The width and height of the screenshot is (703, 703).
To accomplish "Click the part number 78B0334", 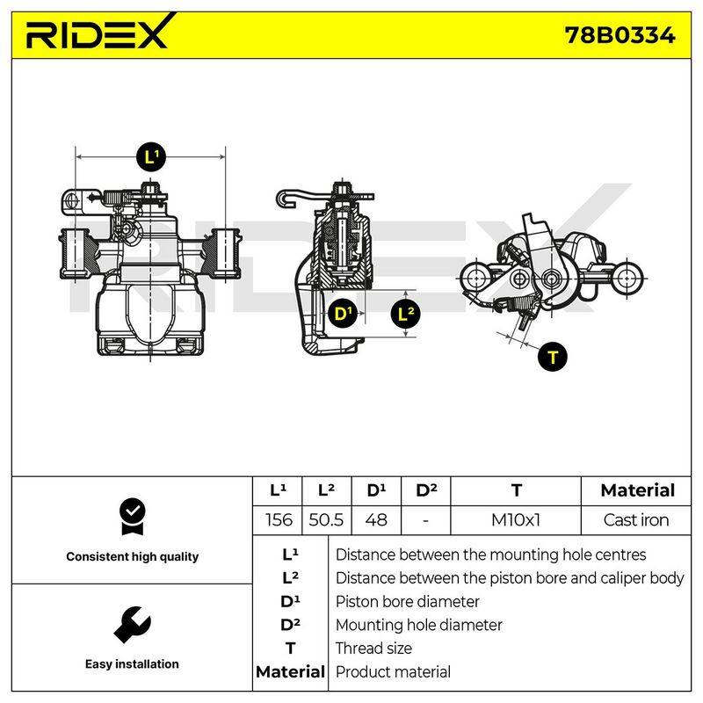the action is click(x=620, y=35).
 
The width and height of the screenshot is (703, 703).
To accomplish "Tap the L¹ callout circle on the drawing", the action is click(x=150, y=157).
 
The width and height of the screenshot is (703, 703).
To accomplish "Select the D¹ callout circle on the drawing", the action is click(x=343, y=314).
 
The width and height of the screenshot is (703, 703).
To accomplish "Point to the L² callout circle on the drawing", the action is click(x=406, y=314).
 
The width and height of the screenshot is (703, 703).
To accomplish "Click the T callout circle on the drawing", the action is click(x=553, y=357).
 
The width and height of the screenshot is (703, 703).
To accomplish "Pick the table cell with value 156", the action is click(x=278, y=520).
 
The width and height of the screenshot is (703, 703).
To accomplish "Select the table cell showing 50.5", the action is click(x=326, y=520).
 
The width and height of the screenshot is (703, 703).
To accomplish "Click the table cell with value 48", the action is click(x=376, y=520).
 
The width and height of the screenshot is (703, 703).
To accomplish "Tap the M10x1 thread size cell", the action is click(x=516, y=520).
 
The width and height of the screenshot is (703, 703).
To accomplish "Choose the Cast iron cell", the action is click(x=636, y=520).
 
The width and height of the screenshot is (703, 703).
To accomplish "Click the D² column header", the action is click(x=426, y=490).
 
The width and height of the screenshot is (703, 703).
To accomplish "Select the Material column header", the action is click(x=637, y=490).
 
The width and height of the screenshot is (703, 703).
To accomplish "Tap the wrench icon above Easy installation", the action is click(x=133, y=625).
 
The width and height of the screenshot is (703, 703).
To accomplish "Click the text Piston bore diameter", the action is click(x=407, y=601).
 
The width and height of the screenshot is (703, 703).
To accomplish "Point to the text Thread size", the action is click(x=373, y=649).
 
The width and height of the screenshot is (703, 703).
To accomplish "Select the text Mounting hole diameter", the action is click(x=419, y=625).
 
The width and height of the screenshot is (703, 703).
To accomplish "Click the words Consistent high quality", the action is click(x=133, y=557).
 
